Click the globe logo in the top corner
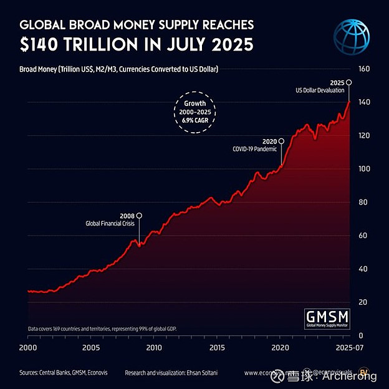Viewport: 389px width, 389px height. pyautogui.click(x=353, y=36)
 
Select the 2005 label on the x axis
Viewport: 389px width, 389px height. pyautogui.click(x=91, y=347)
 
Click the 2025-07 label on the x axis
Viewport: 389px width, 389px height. pyautogui.click(x=348, y=347)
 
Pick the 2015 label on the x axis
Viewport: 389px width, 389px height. pyautogui.click(x=218, y=347)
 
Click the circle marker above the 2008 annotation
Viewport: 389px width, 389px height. pyautogui.click(x=139, y=216)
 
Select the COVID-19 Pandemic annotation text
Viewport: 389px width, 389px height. pyautogui.click(x=255, y=150)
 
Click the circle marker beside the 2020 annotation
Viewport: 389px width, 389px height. pyautogui.click(x=281, y=142)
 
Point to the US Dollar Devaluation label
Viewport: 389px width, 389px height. pyautogui.click(x=320, y=91)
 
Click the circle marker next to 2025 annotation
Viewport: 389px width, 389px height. pyautogui.click(x=349, y=82)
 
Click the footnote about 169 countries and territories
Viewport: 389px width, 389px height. pyautogui.click(x=106, y=328)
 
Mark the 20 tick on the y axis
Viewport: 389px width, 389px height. pyautogui.click(x=361, y=302)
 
